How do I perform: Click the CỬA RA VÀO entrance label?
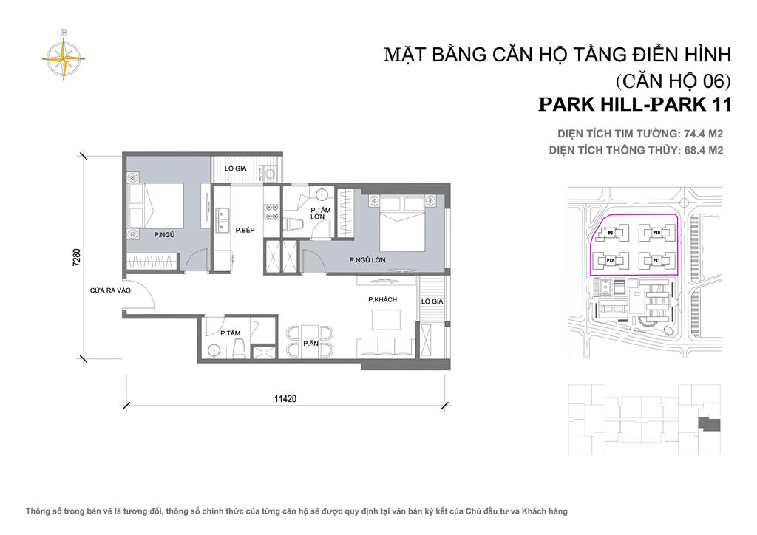click(111, 290)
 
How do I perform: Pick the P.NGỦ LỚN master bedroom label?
click(367, 260)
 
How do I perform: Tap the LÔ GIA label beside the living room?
click(431, 302)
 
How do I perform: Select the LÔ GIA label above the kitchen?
click(236, 168)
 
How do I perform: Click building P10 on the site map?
click(656, 233)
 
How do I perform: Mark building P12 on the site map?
click(611, 260)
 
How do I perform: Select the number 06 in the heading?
click(711, 80)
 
